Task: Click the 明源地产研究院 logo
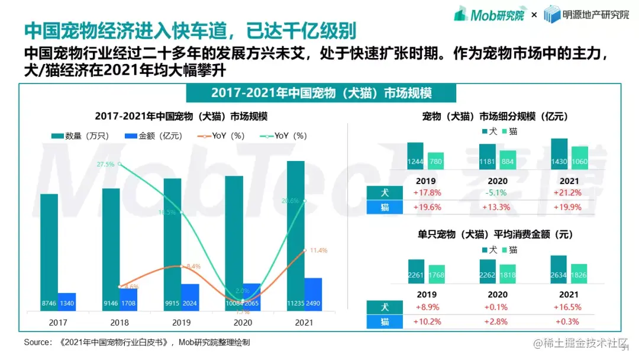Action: pyautogui.click(x=586, y=14)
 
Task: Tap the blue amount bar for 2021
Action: pyautogui.click(x=313, y=294)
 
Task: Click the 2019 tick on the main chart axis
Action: pyautogui.click(x=181, y=322)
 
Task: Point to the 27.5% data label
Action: pyautogui.click(x=106, y=164)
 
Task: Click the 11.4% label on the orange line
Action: pyautogui.click(x=318, y=250)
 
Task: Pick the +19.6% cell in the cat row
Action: pyautogui.click(x=427, y=207)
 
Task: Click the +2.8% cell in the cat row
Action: pyautogui.click(x=498, y=322)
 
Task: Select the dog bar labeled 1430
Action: pyautogui.click(x=559, y=155)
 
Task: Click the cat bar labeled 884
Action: pyautogui.click(x=508, y=160)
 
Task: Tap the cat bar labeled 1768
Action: pyautogui.click(x=437, y=274)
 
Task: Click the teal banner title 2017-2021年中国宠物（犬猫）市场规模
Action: pyautogui.click(x=321, y=94)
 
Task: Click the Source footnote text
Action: pyautogui.click(x=137, y=342)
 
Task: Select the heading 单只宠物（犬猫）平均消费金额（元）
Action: pyautogui.click(x=498, y=234)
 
